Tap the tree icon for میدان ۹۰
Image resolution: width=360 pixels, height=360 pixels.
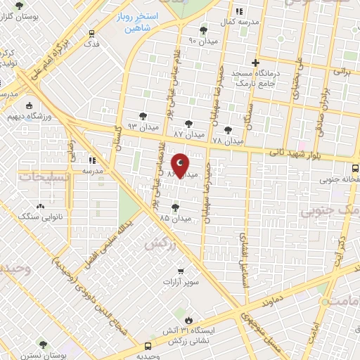click(204, 30)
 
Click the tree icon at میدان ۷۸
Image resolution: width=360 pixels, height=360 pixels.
click(227, 130)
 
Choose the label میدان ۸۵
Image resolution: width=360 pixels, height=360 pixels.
click(174, 218)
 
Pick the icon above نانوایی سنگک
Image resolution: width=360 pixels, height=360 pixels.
click(40, 206)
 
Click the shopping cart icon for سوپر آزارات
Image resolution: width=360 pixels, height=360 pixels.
click(180, 271)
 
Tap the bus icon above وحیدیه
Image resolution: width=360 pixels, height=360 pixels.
click(147, 346)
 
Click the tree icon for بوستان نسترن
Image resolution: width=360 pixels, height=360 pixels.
click(44, 345)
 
